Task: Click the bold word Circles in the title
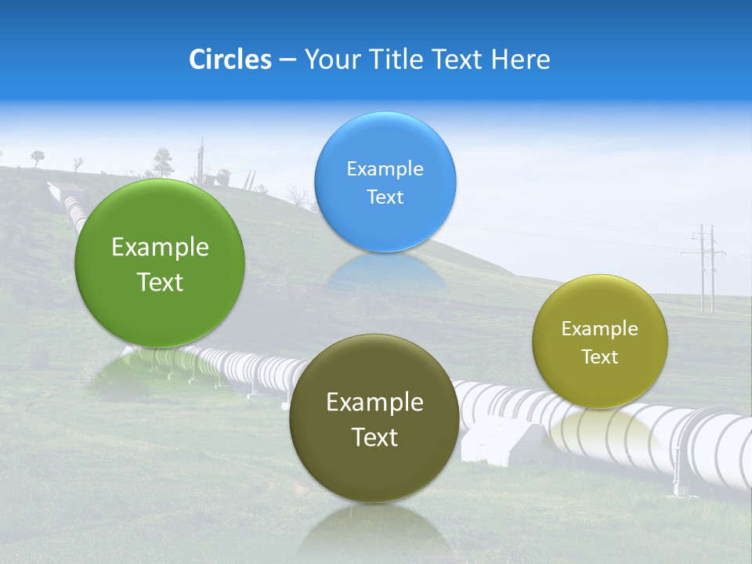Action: (x=230, y=60)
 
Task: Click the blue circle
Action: (x=385, y=182)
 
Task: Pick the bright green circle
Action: (x=160, y=263)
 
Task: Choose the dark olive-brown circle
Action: (x=374, y=418)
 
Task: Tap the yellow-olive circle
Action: (x=600, y=342)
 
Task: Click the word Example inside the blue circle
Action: (x=385, y=168)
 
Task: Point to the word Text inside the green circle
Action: (x=160, y=282)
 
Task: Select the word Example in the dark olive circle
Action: (x=374, y=403)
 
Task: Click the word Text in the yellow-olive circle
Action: (x=600, y=357)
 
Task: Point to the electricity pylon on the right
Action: (x=705, y=266)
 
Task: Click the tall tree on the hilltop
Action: (x=163, y=161)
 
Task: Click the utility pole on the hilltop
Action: (x=201, y=161)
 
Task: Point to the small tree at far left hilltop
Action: (x=37, y=157)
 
